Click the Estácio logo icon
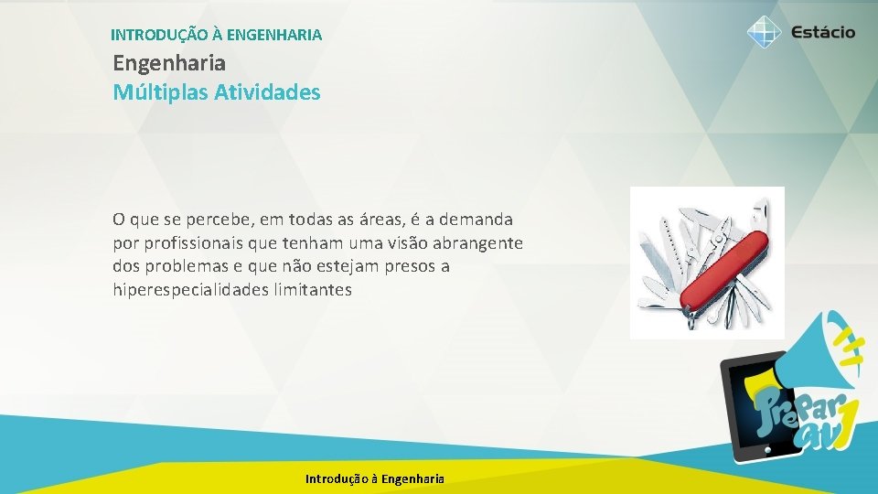pos(764,32)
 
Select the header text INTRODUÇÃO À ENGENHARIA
pos(216,36)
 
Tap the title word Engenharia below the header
pos(169,64)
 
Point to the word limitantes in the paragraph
pos(316,291)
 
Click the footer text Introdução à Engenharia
pos(375,478)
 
